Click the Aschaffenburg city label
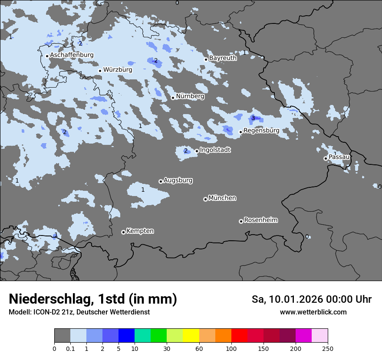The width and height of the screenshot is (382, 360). (72, 55)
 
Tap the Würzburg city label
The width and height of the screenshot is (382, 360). (118, 69)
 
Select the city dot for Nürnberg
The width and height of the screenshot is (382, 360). (173, 98)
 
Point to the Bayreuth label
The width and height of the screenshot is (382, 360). (223, 58)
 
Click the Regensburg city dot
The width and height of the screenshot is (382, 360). (240, 132)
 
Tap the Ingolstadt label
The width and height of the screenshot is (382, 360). (215, 150)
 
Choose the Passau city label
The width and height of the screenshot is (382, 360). (339, 157)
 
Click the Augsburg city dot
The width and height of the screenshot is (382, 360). (161, 181)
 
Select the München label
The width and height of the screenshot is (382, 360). (222, 198)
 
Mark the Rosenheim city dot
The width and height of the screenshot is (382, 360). (241, 221)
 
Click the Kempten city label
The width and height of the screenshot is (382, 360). (140, 231)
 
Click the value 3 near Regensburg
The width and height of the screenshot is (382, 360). (253, 118)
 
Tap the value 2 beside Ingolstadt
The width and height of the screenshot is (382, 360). (186, 151)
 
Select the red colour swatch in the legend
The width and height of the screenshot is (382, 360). (239, 336)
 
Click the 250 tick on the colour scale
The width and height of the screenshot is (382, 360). (328, 349)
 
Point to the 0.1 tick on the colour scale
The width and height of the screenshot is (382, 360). (70, 349)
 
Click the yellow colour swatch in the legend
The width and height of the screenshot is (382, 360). (191, 336)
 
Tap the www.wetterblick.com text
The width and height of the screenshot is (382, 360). (313, 312)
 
